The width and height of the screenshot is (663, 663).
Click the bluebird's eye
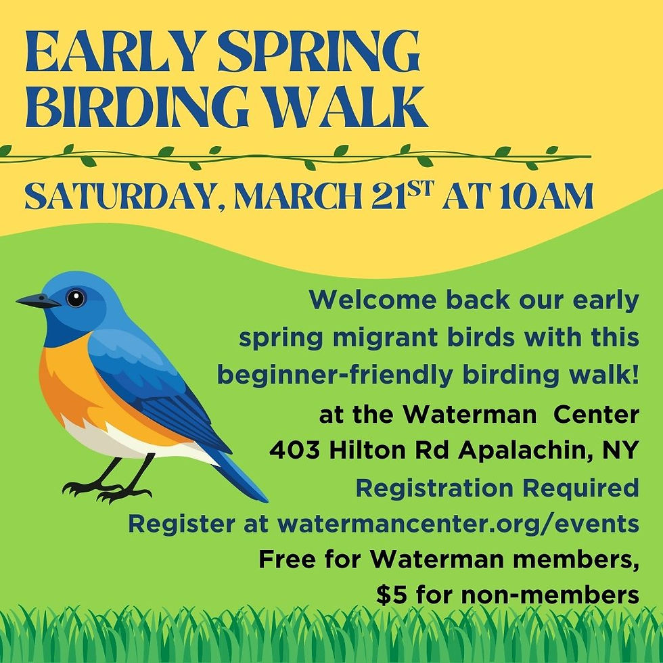click(x=76, y=298)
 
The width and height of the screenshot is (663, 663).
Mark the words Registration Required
click(x=497, y=487)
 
